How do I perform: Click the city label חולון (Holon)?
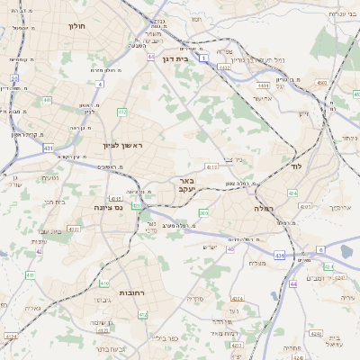click(x=76, y=26)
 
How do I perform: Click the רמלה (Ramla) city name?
click(x=263, y=208)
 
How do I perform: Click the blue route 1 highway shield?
click(x=204, y=58)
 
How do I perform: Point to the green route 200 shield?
click(x=203, y=212)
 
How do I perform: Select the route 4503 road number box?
click(x=321, y=83)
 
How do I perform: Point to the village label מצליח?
click(x=256, y=263)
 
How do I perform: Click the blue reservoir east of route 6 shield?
click(x=349, y=252)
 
